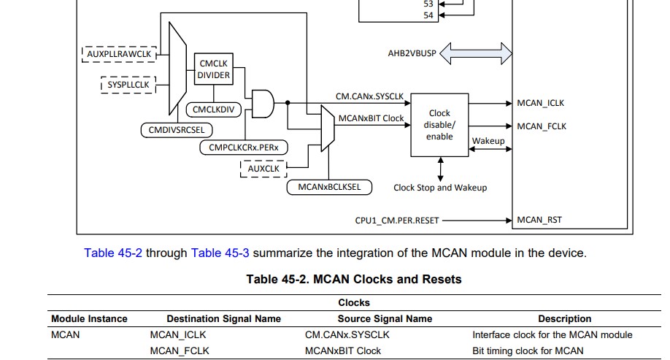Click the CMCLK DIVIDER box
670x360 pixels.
click(214, 69)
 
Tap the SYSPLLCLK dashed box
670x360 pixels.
click(128, 85)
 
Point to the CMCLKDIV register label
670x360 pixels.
click(213, 110)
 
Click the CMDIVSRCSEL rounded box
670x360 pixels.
click(176, 130)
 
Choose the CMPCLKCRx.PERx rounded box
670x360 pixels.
click(243, 148)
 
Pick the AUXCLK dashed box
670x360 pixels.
click(263, 169)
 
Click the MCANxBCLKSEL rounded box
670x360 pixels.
click(329, 187)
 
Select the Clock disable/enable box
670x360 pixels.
click(439, 124)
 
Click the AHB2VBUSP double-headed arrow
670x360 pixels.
click(477, 53)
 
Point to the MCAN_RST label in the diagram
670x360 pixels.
click(539, 220)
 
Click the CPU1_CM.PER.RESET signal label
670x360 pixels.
click(396, 220)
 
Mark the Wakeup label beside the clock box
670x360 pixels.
click(488, 141)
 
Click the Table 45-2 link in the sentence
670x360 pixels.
click(113, 253)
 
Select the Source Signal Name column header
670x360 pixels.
click(385, 318)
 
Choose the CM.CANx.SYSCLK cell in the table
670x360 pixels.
click(347, 334)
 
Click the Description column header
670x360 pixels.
click(564, 318)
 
